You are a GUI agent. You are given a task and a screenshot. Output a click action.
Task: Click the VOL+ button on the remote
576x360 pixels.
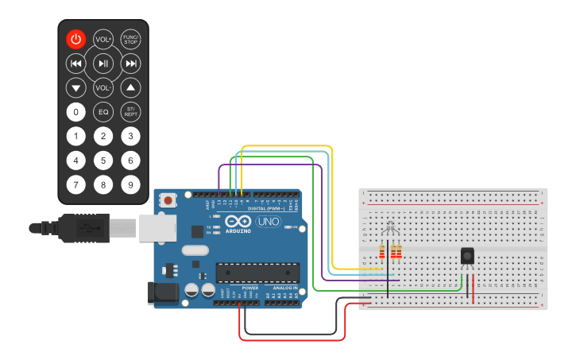tap(102, 39)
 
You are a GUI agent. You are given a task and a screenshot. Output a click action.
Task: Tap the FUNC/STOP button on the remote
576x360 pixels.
tap(130, 39)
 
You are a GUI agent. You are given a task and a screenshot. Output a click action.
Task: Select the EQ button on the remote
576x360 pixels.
tap(102, 112)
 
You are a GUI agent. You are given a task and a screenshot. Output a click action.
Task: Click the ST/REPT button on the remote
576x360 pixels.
tap(130, 112)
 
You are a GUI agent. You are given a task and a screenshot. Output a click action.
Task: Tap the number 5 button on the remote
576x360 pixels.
tap(102, 161)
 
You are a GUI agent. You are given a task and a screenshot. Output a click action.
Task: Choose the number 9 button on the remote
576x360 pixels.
tap(130, 185)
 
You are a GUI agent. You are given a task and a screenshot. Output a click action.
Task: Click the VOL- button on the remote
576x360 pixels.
tap(102, 87)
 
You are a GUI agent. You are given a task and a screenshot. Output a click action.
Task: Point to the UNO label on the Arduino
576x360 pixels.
tap(262, 221)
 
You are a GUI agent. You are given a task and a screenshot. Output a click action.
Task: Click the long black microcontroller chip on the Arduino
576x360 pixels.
tap(257, 273)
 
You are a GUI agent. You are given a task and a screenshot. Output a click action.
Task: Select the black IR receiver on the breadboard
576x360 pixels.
tap(467, 256)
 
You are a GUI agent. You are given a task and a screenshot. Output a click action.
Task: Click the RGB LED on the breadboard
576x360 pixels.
tap(389, 231)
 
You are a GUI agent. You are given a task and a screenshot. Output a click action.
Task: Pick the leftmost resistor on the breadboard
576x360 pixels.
tap(382, 252)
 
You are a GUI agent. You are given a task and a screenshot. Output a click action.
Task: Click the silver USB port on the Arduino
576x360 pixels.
tap(158, 227)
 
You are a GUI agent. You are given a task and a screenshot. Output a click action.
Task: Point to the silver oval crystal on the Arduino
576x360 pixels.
tap(195, 250)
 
